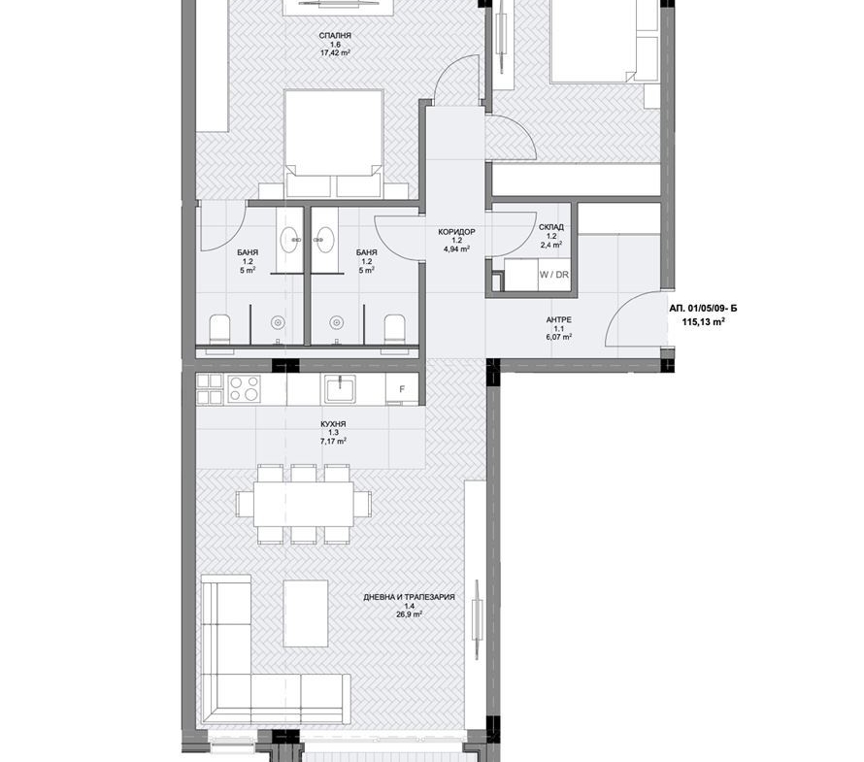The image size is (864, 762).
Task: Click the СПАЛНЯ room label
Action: pos(335,36)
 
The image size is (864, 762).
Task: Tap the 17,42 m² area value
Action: pos(336,53)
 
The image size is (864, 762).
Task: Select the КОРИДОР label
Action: pos(456,232)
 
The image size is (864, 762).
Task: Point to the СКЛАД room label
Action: pos(551,227)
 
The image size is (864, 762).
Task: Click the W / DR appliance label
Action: pos(554,275)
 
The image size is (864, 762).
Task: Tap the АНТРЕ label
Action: pos(559,319)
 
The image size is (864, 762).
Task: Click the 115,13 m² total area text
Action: pos(703,322)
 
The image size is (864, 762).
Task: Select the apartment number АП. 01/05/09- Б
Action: pos(703,309)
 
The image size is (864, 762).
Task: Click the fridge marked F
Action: pos(402,389)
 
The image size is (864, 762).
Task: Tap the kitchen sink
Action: pos(341,389)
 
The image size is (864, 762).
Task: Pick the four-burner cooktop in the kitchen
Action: pos(244,388)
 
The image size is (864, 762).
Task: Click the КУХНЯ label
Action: pos(333,424)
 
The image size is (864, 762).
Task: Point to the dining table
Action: pos(304,504)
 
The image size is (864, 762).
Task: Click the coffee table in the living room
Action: pos(306,613)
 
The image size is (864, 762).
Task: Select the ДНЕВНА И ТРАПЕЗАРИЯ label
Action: pos(410,597)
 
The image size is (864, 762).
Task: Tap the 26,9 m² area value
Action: pos(410,614)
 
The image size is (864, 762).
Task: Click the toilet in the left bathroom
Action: pos(219,329)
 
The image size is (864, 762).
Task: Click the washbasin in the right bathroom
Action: pos(325,240)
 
